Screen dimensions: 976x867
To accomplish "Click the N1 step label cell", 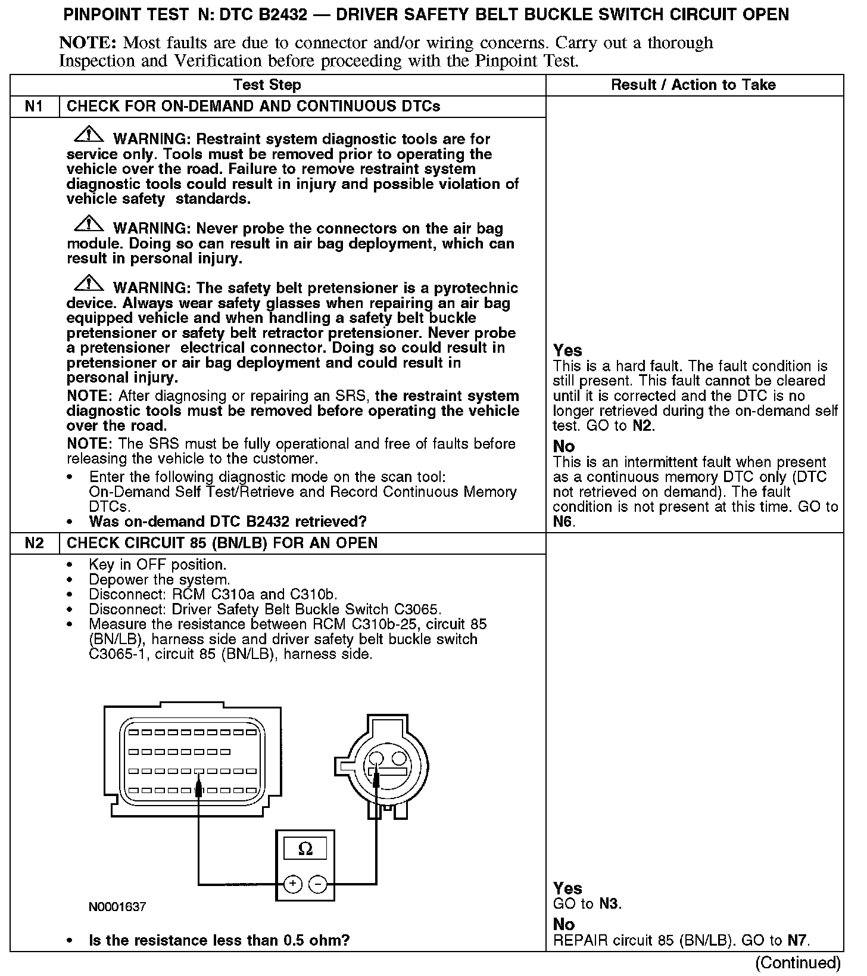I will (35, 107).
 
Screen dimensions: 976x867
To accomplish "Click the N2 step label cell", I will (35, 543).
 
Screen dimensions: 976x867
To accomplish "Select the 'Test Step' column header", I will (267, 85).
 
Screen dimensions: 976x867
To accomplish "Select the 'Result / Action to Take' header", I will (693, 85).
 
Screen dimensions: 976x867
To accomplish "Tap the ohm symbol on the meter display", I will (305, 848).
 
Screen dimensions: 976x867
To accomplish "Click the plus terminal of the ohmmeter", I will (292, 884).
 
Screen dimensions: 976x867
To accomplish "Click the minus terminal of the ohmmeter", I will (319, 884).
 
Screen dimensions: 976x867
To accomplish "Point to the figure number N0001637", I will (117, 907).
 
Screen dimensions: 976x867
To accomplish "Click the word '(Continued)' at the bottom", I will (797, 963).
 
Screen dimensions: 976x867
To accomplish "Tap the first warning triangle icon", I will (88, 135).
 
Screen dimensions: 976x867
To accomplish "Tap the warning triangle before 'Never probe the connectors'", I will (88, 225).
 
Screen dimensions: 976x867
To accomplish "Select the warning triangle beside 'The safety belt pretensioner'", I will (88, 284).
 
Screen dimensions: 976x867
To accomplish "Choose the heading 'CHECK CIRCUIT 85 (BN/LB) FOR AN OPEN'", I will (222, 543).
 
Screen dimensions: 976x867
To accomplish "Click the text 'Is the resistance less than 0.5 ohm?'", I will (219, 941).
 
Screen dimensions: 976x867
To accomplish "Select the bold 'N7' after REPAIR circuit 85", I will (797, 941).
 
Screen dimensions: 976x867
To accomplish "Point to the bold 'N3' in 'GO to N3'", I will (609, 904).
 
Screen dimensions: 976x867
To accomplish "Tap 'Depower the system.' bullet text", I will (159, 580).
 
